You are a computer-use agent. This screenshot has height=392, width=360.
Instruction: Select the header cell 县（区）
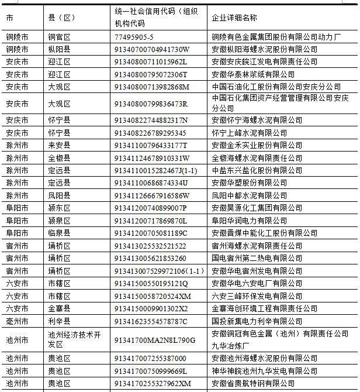click(61, 18)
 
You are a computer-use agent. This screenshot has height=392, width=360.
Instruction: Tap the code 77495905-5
click(134, 37)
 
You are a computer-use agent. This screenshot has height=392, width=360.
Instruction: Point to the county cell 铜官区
click(59, 37)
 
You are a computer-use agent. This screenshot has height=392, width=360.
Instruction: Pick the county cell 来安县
click(59, 145)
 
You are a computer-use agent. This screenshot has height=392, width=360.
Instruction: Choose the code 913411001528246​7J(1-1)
click(155, 170)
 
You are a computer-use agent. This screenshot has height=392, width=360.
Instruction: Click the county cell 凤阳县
click(59, 195)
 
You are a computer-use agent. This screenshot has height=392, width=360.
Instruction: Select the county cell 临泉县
click(59, 233)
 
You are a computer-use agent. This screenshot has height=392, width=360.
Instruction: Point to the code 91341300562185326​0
click(150, 259)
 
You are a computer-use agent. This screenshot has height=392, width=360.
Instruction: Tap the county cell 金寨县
click(59, 308)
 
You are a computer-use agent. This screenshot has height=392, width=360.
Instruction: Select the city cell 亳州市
click(17, 321)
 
